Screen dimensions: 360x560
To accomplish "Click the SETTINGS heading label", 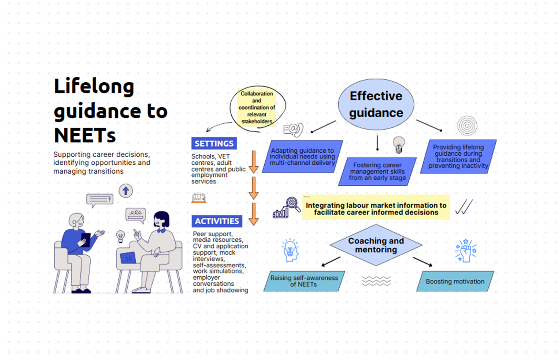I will (x=214, y=143).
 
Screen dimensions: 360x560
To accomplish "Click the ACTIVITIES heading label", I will (x=217, y=221).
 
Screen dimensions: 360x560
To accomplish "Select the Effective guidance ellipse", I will (x=376, y=104).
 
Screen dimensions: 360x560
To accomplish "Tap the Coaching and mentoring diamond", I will (x=376, y=245).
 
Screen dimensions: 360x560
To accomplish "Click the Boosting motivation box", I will (x=455, y=281).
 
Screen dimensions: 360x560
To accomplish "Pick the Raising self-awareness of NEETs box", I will (x=304, y=281).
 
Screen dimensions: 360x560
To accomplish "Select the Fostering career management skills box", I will (x=377, y=172).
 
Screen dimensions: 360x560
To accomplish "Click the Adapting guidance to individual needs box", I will (x=302, y=156).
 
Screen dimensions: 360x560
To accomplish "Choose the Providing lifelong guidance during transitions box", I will (x=458, y=156).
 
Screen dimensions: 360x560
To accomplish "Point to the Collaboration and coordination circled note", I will (x=257, y=107).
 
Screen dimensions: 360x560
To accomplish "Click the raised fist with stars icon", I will (x=466, y=250).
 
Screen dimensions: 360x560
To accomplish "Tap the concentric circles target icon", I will (x=467, y=126).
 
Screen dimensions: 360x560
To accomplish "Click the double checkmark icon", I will (x=464, y=207).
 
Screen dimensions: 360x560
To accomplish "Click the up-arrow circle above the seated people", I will (x=126, y=191).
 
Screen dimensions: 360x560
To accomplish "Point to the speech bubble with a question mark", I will (x=99, y=199).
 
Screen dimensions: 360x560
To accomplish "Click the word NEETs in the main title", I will (x=85, y=135).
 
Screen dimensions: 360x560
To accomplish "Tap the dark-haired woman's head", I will (x=161, y=219).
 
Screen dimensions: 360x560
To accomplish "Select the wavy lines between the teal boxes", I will (x=376, y=281).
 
